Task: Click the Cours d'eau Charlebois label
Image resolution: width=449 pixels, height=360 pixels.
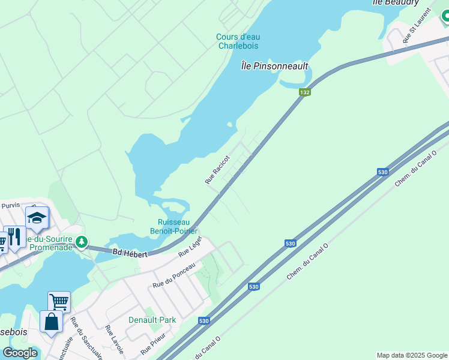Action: [x=238, y=41]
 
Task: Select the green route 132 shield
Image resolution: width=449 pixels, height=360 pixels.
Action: [x=305, y=92]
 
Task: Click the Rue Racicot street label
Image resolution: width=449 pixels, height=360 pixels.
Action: [x=217, y=171]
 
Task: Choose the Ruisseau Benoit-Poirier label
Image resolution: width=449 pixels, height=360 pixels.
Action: [x=173, y=226]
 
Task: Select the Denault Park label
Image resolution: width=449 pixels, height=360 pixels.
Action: [x=152, y=320]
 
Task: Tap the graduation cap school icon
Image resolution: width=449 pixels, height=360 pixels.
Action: [x=37, y=218]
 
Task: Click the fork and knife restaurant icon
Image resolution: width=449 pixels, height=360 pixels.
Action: [x=15, y=237]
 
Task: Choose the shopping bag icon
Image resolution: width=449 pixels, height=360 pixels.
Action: [x=51, y=321]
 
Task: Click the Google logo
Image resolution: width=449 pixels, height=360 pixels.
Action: [x=20, y=353]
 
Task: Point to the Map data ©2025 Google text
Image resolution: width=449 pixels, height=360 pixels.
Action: [x=412, y=355]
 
